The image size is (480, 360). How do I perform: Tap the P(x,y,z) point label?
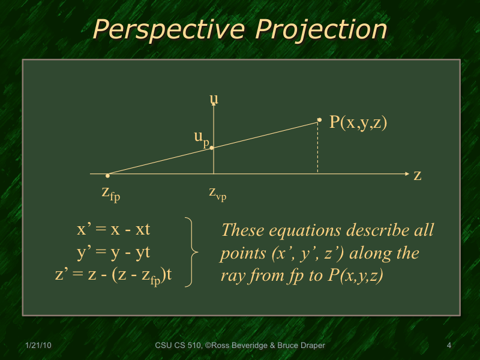pos(358,122)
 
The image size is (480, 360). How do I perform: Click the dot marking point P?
pos(319,120)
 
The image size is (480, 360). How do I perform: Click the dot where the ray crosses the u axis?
pos(212,147)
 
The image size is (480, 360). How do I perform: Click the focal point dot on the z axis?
pos(107,175)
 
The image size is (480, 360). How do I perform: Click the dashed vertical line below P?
pos(317,150)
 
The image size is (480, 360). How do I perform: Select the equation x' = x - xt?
pos(113,230)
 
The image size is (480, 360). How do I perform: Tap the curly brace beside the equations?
pos(191,253)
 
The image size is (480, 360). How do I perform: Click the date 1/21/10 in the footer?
pos(38,345)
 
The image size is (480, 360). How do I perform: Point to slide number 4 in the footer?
pos(449,345)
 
